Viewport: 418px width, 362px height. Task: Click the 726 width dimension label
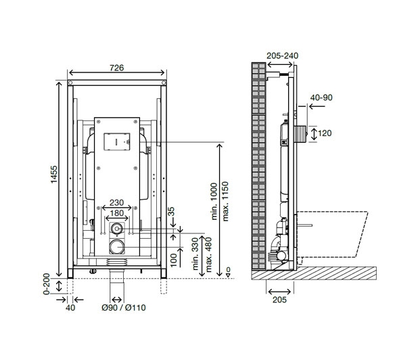click(117, 68)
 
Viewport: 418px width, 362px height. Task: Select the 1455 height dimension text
click(54, 175)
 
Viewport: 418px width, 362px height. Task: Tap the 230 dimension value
click(116, 203)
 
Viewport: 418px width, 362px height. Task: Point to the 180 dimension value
click(117, 213)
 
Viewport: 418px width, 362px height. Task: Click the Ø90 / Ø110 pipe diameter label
click(124, 308)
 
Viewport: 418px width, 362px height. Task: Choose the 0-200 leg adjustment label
click(47, 284)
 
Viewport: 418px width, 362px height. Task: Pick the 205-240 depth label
click(282, 55)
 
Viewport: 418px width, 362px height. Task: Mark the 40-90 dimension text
click(321, 97)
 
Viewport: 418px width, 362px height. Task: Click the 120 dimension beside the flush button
click(325, 133)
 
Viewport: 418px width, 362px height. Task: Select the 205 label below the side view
click(279, 300)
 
